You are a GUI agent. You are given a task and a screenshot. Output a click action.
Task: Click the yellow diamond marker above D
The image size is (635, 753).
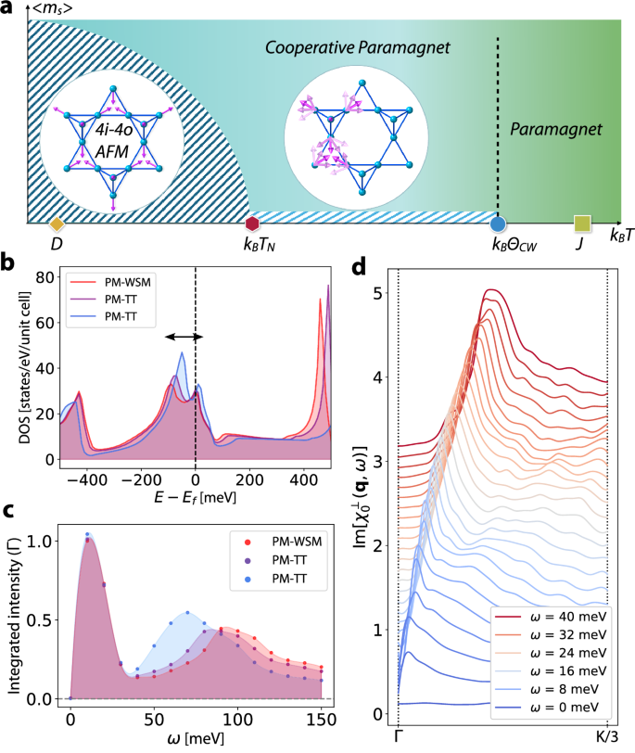pos(57,223)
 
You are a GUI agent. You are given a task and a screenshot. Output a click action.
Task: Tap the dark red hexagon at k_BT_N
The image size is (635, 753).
pos(251,223)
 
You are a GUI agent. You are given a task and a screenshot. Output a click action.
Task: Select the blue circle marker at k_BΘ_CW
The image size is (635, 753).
pos(498,223)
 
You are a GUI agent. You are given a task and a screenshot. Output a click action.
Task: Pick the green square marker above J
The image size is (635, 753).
pos(582,223)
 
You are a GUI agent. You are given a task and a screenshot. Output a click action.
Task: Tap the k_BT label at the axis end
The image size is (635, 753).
pos(620,237)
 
